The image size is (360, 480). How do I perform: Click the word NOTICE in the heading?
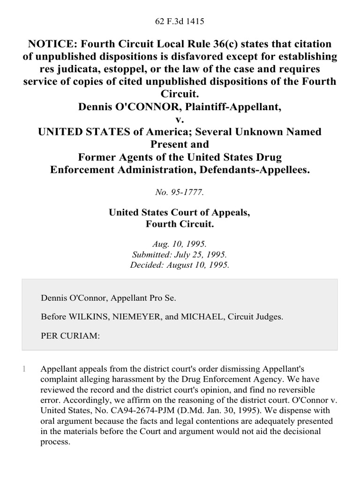53,44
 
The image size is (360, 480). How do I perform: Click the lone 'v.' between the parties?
180,120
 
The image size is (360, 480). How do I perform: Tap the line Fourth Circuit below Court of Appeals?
180,224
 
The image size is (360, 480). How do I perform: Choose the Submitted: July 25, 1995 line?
180,255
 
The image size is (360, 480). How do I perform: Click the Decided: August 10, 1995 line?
180,264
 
